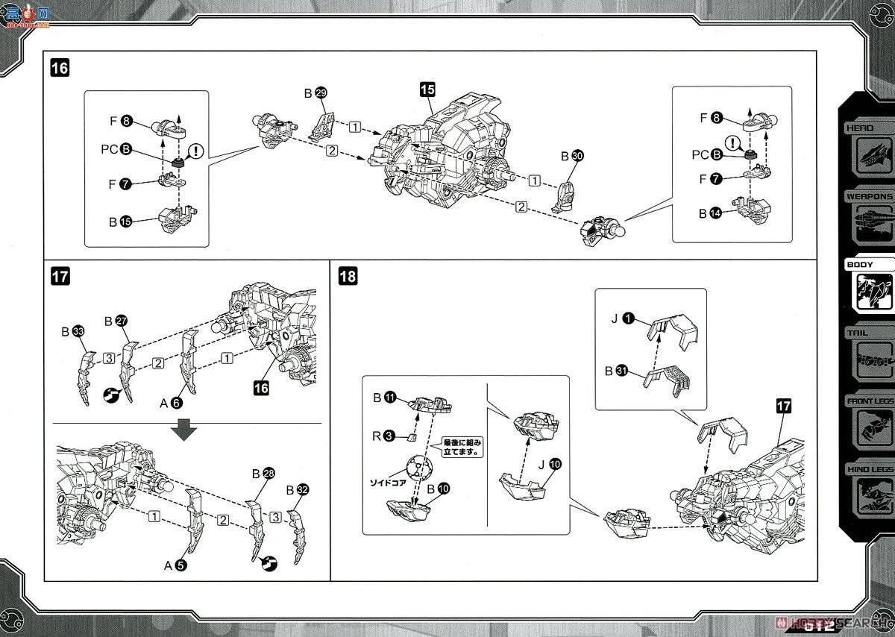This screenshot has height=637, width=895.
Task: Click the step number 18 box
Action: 348,276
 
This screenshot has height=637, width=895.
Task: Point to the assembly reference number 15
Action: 427,90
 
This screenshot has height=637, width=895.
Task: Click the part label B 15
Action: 119,222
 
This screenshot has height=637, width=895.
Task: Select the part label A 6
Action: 171,403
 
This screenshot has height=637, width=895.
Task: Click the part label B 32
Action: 297,490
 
